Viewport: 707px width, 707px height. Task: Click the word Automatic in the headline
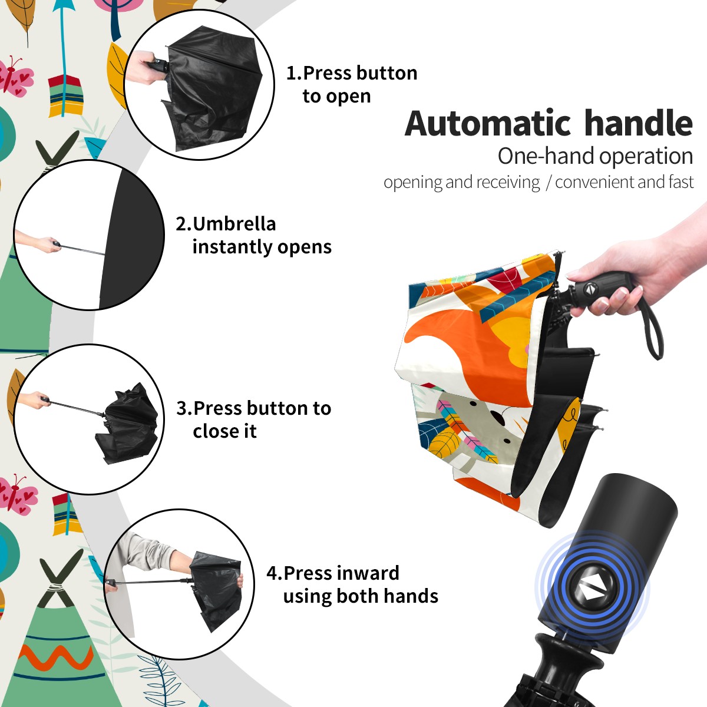pyautogui.click(x=488, y=124)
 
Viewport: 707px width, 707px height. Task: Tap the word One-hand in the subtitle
pyautogui.click(x=546, y=156)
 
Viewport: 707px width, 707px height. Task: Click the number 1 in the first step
pyautogui.click(x=290, y=73)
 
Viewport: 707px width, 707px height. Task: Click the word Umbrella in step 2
pyautogui.click(x=234, y=224)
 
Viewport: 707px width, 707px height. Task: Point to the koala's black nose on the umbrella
pyautogui.click(x=497, y=416)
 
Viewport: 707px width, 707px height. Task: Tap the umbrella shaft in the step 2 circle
pyautogui.click(x=82, y=250)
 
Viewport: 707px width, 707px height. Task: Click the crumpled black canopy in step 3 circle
pyautogui.click(x=127, y=424)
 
